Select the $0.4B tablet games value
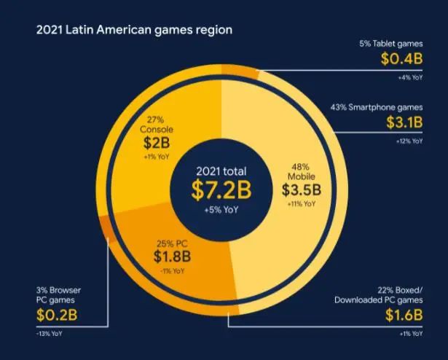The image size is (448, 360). coord(401,58)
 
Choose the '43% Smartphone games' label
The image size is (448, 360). coord(377,107)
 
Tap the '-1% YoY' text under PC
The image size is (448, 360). coord(173,271)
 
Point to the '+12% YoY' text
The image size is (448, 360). coord(407,141)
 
